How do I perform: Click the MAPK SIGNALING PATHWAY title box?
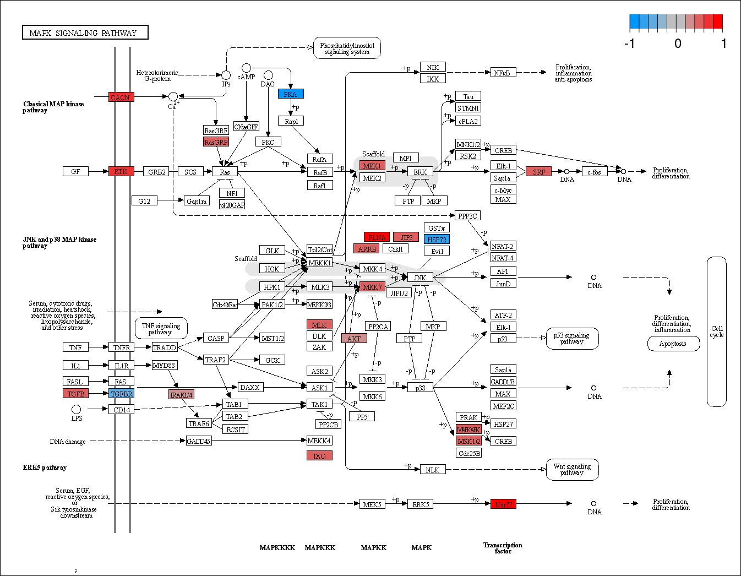(85, 32)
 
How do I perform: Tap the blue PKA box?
(291, 94)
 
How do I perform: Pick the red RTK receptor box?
(121, 171)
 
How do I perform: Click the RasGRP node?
(216, 142)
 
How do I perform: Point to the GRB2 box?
(156, 171)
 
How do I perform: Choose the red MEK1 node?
(372, 165)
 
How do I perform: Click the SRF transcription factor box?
(538, 171)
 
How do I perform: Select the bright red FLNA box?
(377, 237)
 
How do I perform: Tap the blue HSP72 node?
(437, 239)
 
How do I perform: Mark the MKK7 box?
(372, 287)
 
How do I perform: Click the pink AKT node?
(354, 338)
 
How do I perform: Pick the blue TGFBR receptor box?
(121, 393)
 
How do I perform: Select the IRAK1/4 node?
(181, 394)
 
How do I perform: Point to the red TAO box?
(319, 455)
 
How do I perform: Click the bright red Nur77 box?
(503, 504)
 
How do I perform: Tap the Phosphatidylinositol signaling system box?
(347, 48)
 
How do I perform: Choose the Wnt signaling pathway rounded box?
(572, 469)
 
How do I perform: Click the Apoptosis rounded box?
(673, 344)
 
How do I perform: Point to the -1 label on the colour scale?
(629, 44)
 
